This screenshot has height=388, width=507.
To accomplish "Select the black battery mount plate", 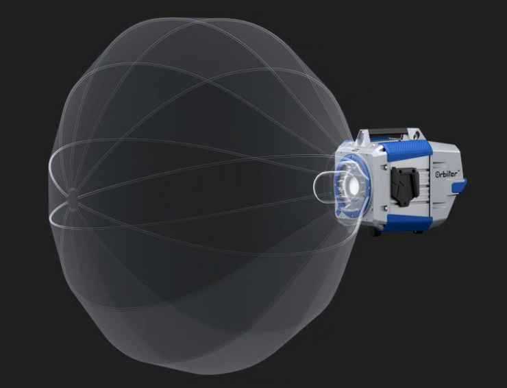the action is click(405, 186).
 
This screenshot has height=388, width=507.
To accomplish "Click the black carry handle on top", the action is click(387, 132).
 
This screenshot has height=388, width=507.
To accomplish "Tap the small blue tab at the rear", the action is click(458, 185).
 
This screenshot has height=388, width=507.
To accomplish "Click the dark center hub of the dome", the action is click(73, 195).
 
